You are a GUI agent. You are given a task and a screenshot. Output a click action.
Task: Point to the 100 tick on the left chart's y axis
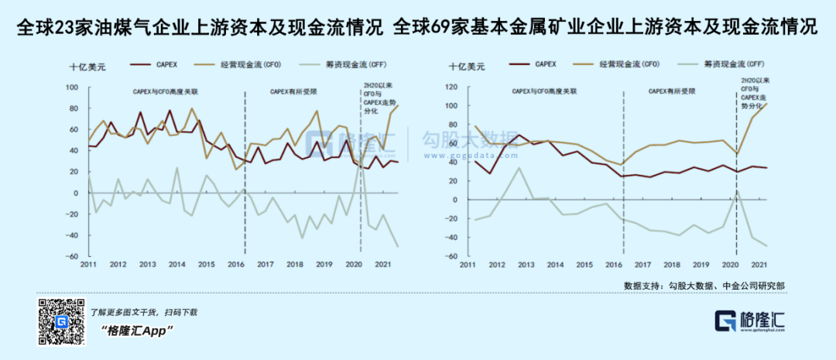(73, 87)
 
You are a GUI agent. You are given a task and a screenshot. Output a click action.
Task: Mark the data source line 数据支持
(704, 286)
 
